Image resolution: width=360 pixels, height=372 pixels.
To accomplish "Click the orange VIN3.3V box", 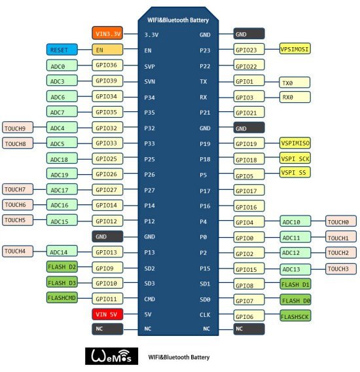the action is tap(107, 33).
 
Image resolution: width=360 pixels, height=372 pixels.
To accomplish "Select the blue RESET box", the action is tap(62, 50).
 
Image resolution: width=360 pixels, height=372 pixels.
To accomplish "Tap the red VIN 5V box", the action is tap(107, 314).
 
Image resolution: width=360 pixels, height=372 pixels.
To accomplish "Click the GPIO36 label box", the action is tap(107, 65).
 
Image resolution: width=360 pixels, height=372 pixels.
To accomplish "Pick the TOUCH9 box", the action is tap(18, 128).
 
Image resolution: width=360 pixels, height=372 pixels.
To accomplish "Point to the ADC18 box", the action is tap(62, 158).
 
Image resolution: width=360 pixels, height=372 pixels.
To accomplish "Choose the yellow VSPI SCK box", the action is tap(295, 158).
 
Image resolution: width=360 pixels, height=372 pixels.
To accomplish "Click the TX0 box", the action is tap(295, 83).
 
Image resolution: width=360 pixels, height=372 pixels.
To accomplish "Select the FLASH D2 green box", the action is tap(62, 267).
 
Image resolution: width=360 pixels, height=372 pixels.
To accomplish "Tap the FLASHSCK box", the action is tap(295, 316).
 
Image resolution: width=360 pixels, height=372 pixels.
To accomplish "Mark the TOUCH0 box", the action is tap(341, 221).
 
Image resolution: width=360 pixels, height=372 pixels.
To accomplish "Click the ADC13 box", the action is tap(295, 269).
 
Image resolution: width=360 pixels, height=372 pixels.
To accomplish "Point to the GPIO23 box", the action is tap(249, 49).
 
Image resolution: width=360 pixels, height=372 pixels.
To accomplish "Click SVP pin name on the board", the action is tap(149, 66).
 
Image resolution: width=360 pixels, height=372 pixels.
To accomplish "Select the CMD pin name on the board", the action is tap(149, 299).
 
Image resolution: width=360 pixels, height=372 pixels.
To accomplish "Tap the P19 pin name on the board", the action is tap(205, 144).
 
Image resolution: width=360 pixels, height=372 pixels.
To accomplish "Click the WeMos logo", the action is tap(111, 356).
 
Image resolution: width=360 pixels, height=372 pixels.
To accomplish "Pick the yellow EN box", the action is tap(107, 50).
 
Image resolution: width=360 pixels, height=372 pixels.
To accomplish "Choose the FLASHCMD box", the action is tap(62, 297).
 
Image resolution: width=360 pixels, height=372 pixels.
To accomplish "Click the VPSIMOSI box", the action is tap(295, 48).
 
